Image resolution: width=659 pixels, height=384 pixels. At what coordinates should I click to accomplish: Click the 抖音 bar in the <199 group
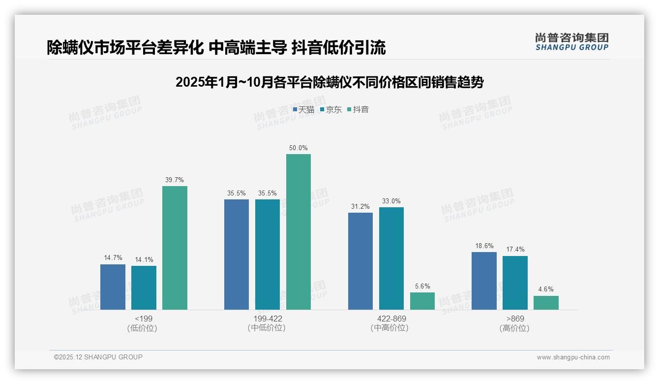(175, 248)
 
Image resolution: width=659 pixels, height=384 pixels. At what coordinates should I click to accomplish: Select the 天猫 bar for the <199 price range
(113, 287)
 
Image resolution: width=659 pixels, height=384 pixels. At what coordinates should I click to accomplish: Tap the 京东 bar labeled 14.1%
(144, 288)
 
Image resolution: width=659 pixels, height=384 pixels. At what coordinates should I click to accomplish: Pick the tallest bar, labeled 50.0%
(299, 232)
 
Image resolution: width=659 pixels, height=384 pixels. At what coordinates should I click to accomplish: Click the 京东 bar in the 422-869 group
(391, 258)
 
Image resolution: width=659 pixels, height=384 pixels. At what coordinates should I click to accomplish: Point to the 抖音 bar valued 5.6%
(422, 301)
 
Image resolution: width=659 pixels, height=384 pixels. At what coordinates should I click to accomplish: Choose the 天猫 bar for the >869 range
(484, 281)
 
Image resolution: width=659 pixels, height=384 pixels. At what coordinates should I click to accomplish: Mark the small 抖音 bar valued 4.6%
(546, 303)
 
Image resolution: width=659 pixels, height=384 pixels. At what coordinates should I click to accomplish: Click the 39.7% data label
(175, 180)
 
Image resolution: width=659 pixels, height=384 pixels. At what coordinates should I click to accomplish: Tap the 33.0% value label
(391, 201)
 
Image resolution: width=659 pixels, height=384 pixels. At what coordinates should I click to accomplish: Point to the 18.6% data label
(484, 246)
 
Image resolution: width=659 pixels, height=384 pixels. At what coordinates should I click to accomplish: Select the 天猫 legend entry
(303, 110)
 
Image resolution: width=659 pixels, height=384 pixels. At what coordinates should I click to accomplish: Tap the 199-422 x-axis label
(268, 319)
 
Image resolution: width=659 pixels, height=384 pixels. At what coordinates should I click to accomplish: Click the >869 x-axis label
(515, 319)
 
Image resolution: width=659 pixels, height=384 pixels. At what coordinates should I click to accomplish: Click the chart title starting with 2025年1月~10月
(329, 82)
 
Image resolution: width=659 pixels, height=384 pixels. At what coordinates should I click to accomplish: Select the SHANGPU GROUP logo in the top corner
(572, 41)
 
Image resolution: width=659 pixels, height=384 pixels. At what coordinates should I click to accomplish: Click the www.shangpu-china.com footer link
(573, 357)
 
